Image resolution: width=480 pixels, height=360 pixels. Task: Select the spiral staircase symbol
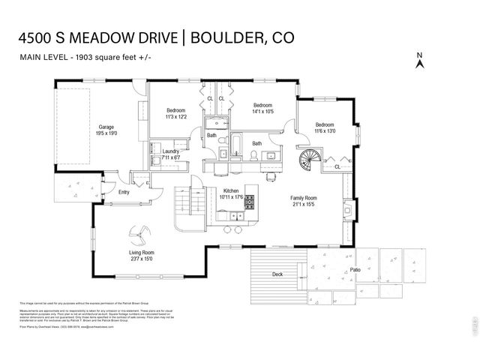point(310,160)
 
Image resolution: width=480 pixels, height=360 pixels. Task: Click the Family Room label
point(304,197)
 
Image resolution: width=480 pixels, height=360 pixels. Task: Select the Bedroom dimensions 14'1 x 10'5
point(262,112)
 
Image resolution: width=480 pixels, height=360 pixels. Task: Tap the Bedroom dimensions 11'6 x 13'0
point(325,131)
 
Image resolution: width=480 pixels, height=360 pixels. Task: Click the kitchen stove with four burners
point(250,202)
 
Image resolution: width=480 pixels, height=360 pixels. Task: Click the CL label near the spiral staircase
point(337,166)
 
